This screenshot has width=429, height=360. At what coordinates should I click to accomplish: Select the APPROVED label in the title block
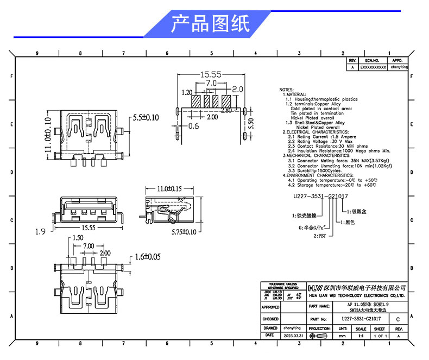pos(270,307)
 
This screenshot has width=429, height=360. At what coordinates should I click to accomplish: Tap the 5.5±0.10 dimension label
pos(146,117)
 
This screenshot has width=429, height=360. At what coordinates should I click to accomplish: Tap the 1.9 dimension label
pos(40,232)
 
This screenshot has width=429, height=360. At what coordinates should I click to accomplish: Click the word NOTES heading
pos(286,89)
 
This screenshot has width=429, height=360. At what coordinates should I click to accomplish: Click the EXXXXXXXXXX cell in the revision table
pos(373,67)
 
